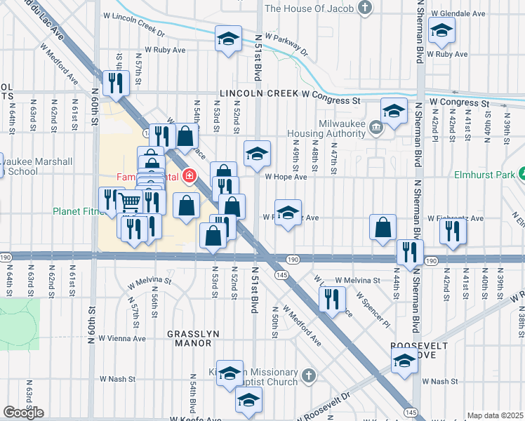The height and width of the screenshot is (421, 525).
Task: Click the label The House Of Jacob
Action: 308,8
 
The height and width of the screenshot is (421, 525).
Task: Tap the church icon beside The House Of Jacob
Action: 364,8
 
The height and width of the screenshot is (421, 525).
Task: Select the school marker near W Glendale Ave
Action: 441,31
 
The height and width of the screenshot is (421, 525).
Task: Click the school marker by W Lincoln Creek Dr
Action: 228,39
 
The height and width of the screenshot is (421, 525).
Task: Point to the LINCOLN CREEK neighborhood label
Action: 259,93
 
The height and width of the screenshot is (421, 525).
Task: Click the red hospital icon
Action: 188,176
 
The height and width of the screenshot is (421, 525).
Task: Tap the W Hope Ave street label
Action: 286,177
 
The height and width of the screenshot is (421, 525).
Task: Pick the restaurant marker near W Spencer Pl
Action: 331,299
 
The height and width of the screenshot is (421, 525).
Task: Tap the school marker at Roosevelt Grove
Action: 404,361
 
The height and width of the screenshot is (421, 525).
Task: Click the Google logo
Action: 23,413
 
